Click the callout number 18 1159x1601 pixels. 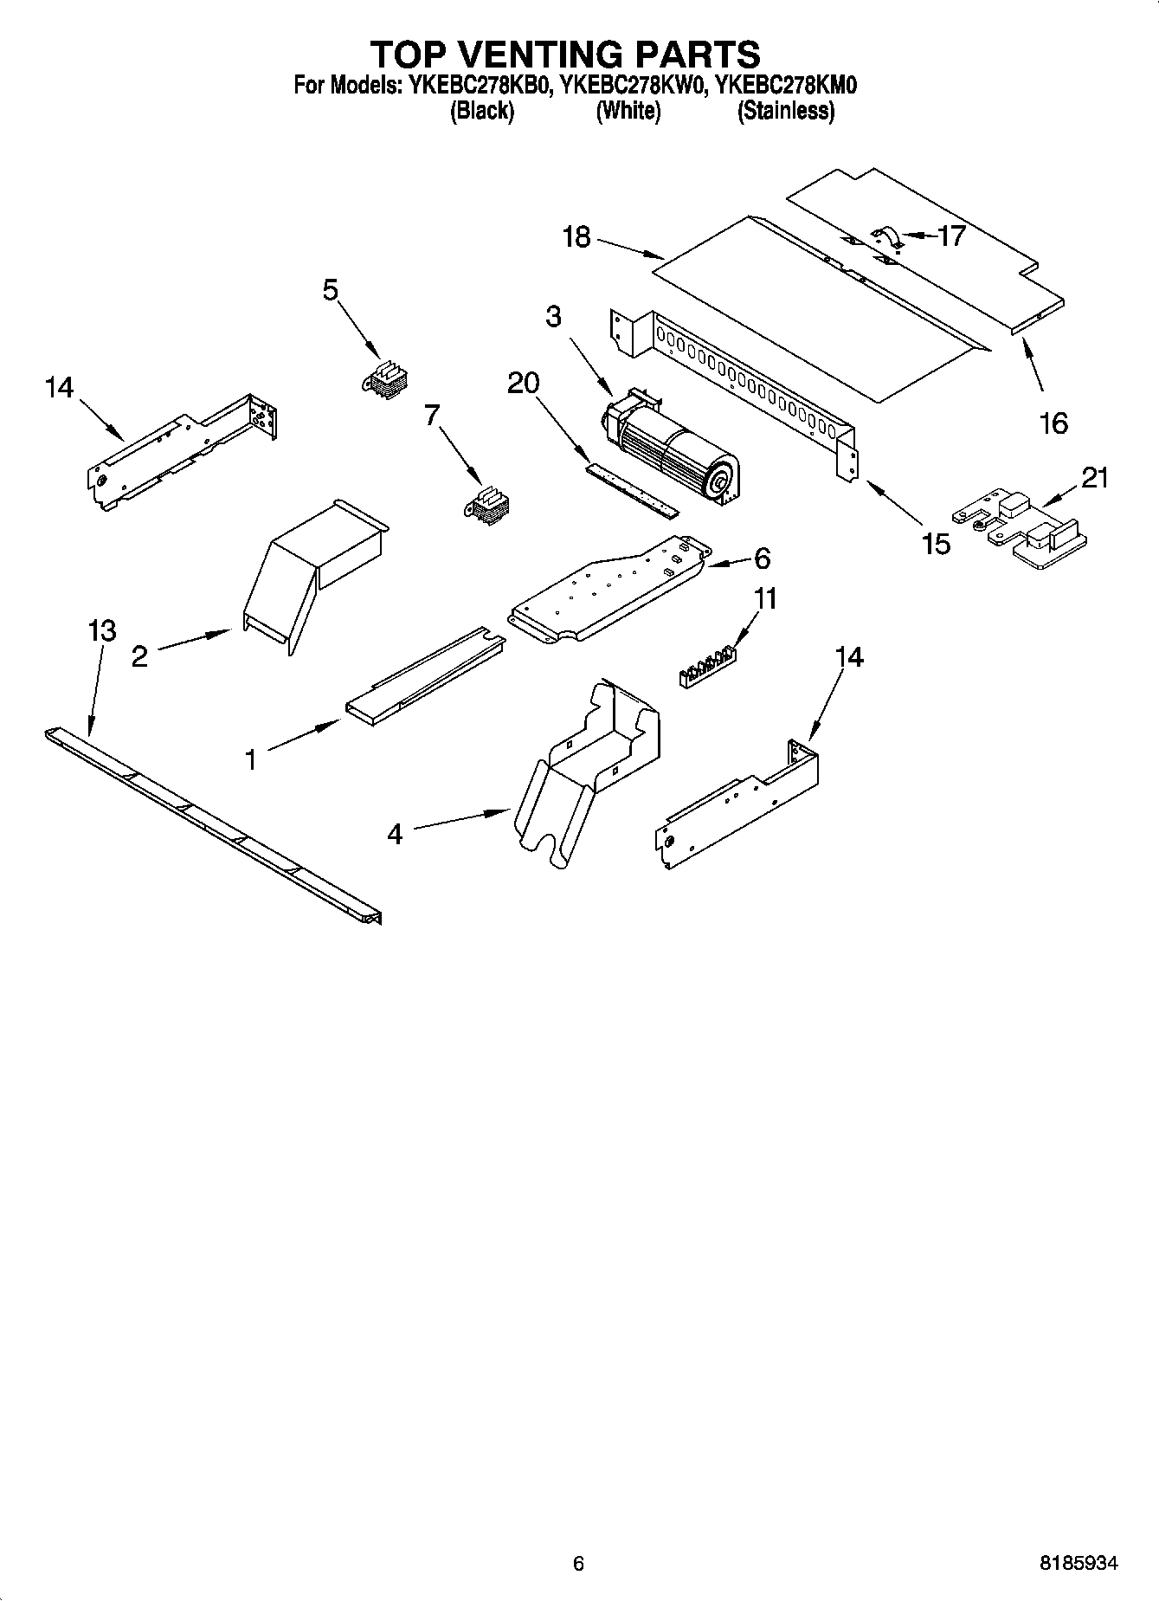(576, 236)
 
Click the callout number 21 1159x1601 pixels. (1095, 477)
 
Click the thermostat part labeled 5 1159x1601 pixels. (386, 379)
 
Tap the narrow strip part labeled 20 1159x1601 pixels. (631, 491)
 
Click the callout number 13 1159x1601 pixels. (102, 630)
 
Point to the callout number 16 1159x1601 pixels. (1053, 423)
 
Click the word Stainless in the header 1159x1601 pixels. (786, 111)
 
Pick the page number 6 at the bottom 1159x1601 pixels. (578, 1563)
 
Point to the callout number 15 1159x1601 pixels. (937, 544)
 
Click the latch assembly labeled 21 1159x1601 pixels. (1021, 530)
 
